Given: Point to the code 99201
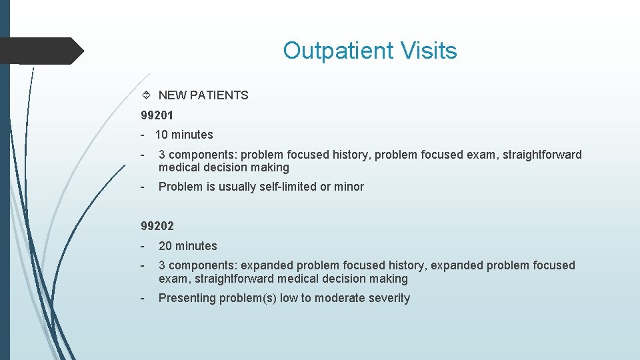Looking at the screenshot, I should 157,115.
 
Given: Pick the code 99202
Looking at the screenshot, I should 157,226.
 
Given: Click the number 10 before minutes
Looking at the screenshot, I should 161,135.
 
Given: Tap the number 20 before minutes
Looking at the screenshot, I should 165,246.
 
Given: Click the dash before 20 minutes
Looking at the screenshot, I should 143,246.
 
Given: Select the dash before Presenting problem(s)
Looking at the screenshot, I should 143,298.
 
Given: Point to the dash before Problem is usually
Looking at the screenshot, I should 143,187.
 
